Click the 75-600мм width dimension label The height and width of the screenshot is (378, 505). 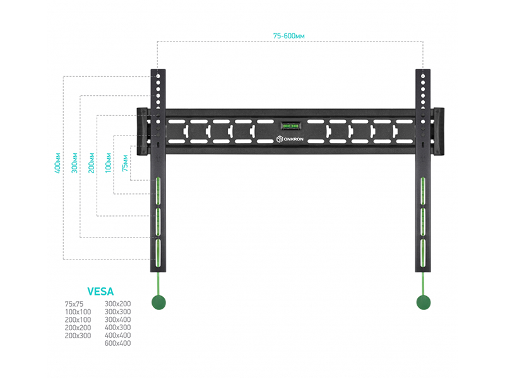[288, 36]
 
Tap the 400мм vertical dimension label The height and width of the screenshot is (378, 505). [57, 163]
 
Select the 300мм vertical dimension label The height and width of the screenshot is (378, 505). [74, 163]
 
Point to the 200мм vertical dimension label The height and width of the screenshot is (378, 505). [91, 163]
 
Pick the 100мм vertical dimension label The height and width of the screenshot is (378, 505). [108, 163]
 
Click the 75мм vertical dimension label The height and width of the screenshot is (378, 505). [124, 163]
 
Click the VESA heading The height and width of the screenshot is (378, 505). [100, 292]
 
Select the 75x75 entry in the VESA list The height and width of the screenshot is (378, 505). [74, 304]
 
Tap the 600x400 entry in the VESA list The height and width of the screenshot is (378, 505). [117, 343]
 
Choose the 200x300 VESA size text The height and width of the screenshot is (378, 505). [78, 336]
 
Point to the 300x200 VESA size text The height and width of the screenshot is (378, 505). [117, 304]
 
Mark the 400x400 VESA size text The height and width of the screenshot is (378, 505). [117, 335]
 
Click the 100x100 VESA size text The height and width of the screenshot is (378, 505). [78, 312]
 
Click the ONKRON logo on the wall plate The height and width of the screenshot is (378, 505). [290, 139]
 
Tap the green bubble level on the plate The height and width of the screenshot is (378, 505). [290, 125]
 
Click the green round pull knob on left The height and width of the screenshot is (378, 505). [158, 302]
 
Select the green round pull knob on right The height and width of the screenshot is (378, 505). [424, 302]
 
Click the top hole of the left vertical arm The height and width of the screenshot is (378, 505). [158, 76]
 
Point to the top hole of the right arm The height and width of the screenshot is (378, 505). [423, 76]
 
